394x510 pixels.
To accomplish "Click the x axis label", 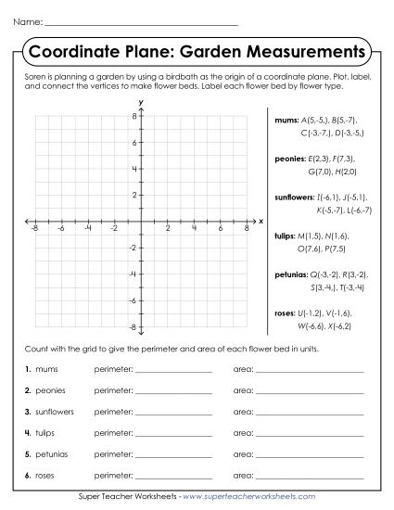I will tap(261, 222).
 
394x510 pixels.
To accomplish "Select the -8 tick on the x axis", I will tap(34, 228).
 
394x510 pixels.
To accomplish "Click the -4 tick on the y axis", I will tap(133, 274).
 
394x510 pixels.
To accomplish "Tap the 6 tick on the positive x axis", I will tap(220, 228).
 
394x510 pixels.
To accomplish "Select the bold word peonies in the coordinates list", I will tap(290, 159).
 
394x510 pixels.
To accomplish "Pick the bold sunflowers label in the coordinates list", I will tap(294, 197).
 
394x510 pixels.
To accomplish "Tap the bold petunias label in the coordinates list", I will tap(291, 274).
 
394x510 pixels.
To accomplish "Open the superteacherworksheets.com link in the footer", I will tap(251, 498).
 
